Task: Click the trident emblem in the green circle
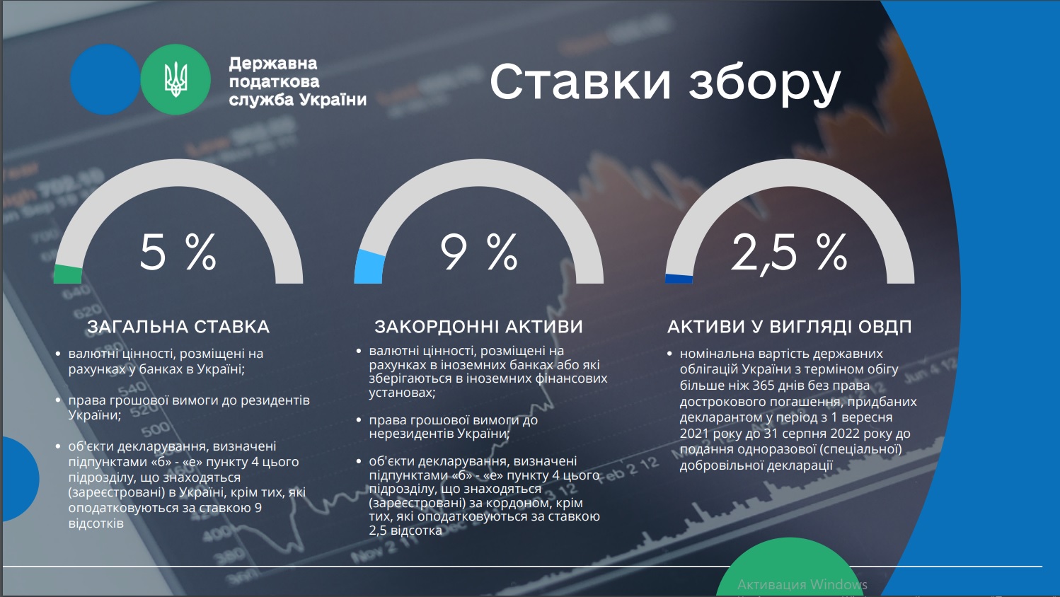[x=175, y=79]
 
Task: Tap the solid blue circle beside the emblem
[x=105, y=79]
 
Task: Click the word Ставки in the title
[x=580, y=82]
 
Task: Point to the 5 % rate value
[x=178, y=253]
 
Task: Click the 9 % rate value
[x=478, y=253]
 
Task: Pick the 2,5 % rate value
[x=789, y=253]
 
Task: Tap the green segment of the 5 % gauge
[x=68, y=274]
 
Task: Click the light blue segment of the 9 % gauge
[x=369, y=268]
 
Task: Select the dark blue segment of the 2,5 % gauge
[x=679, y=279]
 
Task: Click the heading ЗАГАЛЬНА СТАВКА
[x=178, y=327]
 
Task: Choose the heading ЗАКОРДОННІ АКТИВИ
[x=478, y=327]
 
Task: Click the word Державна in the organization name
[x=273, y=64]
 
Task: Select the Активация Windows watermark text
[x=802, y=585]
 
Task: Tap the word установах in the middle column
[x=402, y=393]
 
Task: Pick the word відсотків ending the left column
[x=96, y=523]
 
